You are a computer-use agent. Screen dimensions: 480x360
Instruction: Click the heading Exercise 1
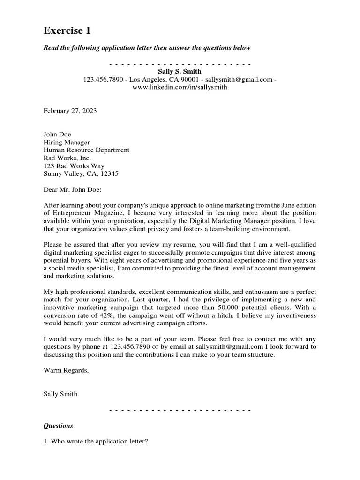67,31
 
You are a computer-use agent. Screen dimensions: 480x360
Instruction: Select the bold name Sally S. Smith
180,71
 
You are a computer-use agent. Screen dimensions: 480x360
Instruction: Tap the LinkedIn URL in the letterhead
180,87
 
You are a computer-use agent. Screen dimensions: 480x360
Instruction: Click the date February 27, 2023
70,111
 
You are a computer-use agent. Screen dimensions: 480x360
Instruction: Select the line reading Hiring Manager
67,142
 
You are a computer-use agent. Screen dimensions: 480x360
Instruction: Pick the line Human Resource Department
86,150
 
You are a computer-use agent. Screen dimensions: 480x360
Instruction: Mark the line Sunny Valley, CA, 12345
81,173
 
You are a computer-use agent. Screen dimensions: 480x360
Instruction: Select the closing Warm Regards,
66,370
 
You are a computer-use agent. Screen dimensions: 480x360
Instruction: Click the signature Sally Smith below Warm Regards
60,394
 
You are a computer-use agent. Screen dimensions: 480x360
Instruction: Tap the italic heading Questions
58,426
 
